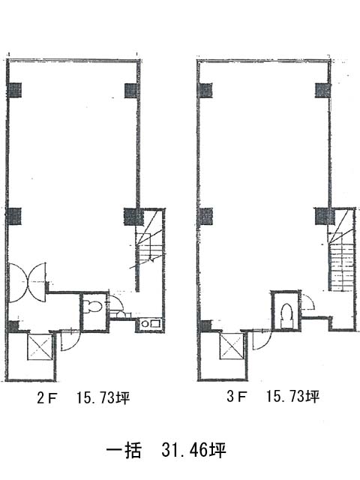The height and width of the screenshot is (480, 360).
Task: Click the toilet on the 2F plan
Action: (x=94, y=307)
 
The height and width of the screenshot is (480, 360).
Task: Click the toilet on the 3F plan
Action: (x=286, y=315)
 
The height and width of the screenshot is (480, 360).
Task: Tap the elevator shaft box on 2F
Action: (x=40, y=346)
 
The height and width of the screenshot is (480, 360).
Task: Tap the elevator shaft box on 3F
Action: (x=232, y=346)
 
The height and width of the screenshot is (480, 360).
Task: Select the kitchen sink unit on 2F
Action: (x=150, y=323)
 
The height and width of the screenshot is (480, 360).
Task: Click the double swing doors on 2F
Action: (x=28, y=283)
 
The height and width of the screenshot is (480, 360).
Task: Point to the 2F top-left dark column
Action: (x=14, y=90)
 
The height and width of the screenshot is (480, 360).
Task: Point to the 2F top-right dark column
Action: (x=132, y=91)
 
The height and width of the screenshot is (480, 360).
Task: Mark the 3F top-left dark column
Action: (x=205, y=90)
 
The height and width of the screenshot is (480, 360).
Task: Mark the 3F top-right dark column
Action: (x=323, y=90)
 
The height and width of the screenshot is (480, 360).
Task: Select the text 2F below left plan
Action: (x=46, y=398)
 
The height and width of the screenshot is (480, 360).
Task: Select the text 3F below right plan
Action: (x=237, y=397)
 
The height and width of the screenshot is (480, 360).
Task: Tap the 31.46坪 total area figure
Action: (x=193, y=450)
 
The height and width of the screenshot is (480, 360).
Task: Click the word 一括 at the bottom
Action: (x=124, y=450)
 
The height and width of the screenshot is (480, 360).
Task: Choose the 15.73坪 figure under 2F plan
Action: (x=103, y=398)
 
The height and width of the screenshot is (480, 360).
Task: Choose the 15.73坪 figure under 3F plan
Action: (x=293, y=397)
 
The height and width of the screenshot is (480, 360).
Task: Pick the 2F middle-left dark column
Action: (x=14, y=216)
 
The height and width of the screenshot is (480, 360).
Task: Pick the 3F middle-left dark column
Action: (x=205, y=216)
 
